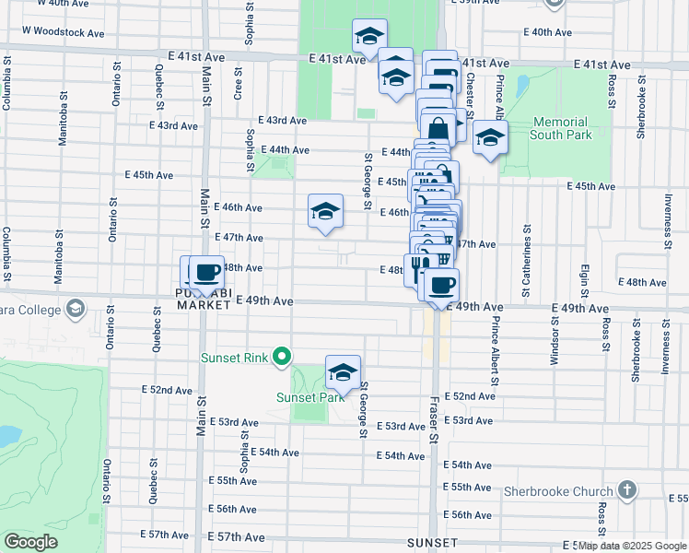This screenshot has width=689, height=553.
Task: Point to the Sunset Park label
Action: (303, 398)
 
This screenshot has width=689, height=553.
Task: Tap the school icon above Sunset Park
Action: (343, 372)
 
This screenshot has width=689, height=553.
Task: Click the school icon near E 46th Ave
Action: (325, 212)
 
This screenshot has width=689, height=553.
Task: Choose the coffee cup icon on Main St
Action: (206, 273)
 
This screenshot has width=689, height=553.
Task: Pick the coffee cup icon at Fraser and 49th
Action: (441, 285)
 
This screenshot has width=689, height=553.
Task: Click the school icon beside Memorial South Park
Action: (490, 138)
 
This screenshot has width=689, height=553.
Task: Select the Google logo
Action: (31, 542)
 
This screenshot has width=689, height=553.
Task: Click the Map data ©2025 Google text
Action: (631, 546)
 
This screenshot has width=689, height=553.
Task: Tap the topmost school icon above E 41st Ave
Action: (369, 37)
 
